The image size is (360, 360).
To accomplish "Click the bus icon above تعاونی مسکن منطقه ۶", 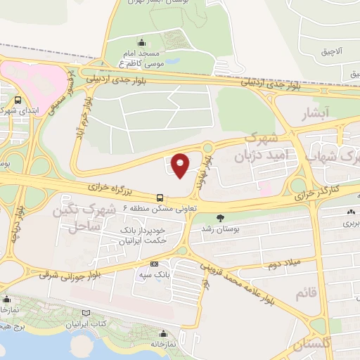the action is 160,198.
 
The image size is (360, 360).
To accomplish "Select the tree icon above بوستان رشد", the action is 221,217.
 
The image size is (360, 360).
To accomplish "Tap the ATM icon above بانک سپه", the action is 154,263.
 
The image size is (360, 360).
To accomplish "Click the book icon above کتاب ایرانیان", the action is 86,313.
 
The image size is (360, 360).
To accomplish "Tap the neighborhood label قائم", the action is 313,291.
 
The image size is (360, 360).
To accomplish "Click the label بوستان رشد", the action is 236,229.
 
